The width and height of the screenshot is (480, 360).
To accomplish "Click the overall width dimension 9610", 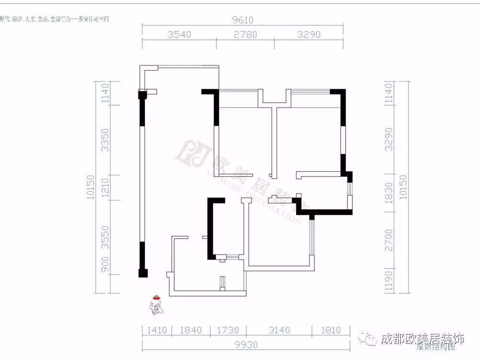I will pos(243,20).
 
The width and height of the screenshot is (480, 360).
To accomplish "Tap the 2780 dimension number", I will pos(245,35).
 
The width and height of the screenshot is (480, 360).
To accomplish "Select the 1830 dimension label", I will pos(389,192).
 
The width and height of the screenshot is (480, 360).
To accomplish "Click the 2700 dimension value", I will pos(389,240).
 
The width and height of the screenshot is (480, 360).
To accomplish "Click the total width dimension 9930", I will pos(242,345).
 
